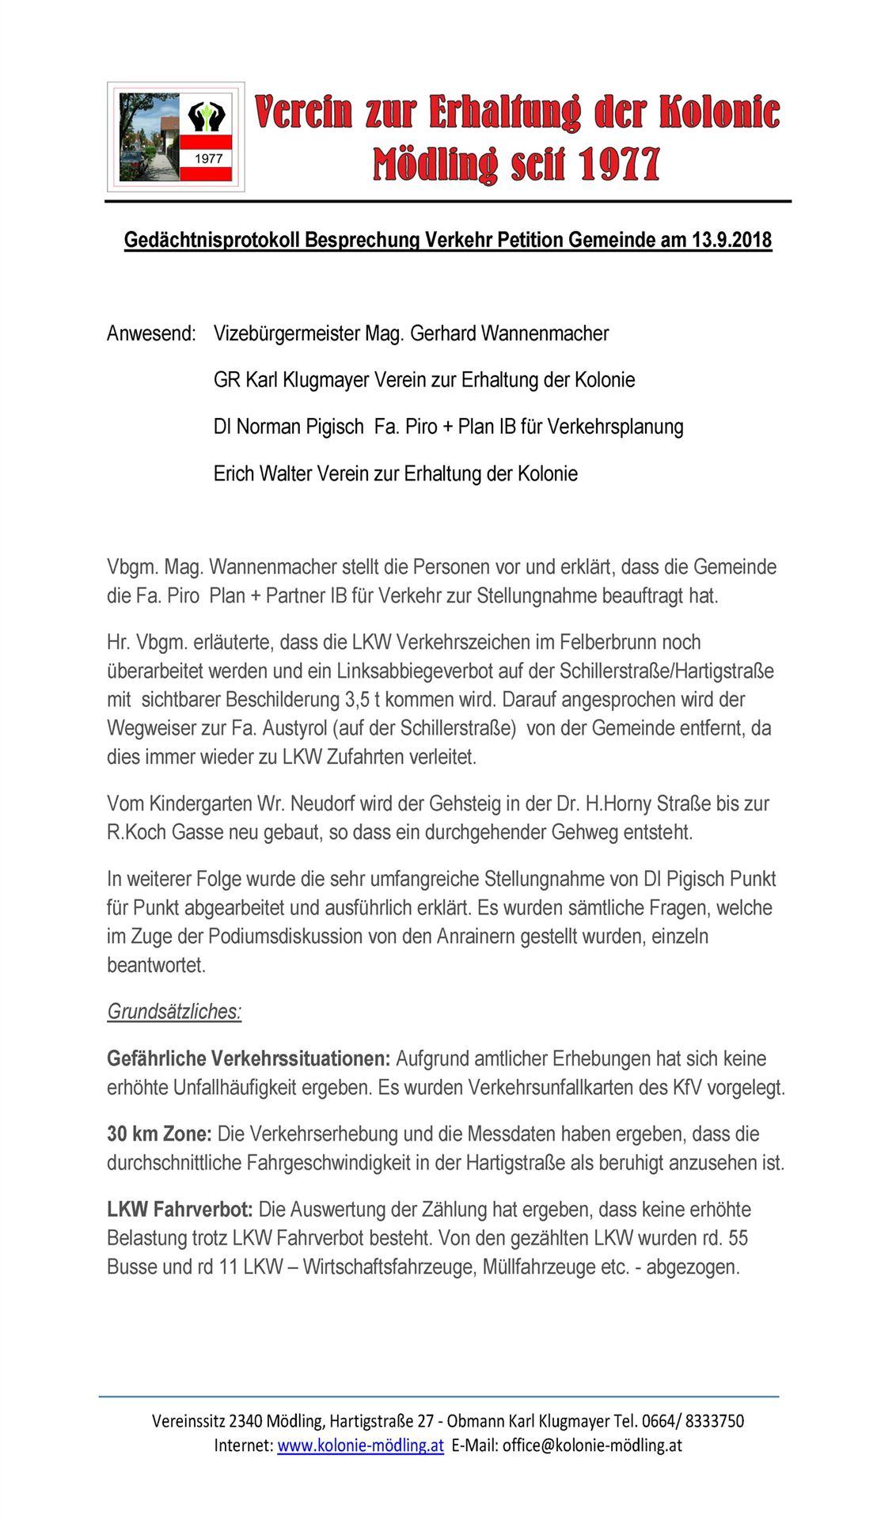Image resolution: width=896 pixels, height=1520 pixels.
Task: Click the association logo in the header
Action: point(176,137)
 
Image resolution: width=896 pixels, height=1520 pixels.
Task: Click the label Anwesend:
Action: point(151,334)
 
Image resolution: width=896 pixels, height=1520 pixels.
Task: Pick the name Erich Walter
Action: point(263,474)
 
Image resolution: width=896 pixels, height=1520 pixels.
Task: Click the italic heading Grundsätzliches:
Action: point(174,1012)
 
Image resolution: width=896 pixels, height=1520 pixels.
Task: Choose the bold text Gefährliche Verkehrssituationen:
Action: point(249,1059)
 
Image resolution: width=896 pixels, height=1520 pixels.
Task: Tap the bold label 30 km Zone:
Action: point(159,1134)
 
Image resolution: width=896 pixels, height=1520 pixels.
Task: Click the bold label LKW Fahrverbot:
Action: point(180,1210)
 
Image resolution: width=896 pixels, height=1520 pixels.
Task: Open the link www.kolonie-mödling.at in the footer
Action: point(360,1445)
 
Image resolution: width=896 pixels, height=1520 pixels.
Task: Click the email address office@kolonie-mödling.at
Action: point(592,1445)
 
